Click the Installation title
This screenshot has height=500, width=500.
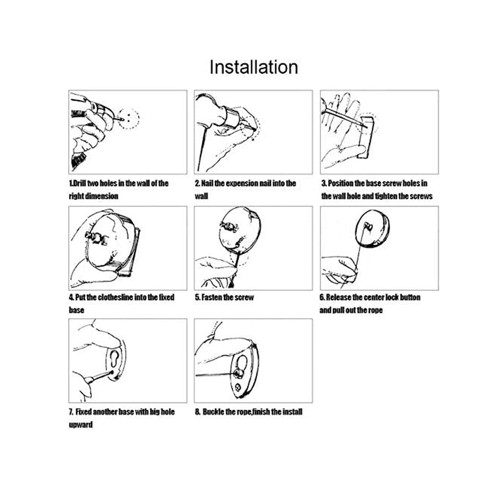click(x=253, y=67)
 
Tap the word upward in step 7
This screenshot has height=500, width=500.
click(x=81, y=425)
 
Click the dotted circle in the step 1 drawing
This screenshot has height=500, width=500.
click(x=128, y=118)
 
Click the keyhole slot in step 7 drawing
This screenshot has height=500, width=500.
click(x=115, y=358)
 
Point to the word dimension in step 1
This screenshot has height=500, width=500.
click(x=102, y=196)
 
